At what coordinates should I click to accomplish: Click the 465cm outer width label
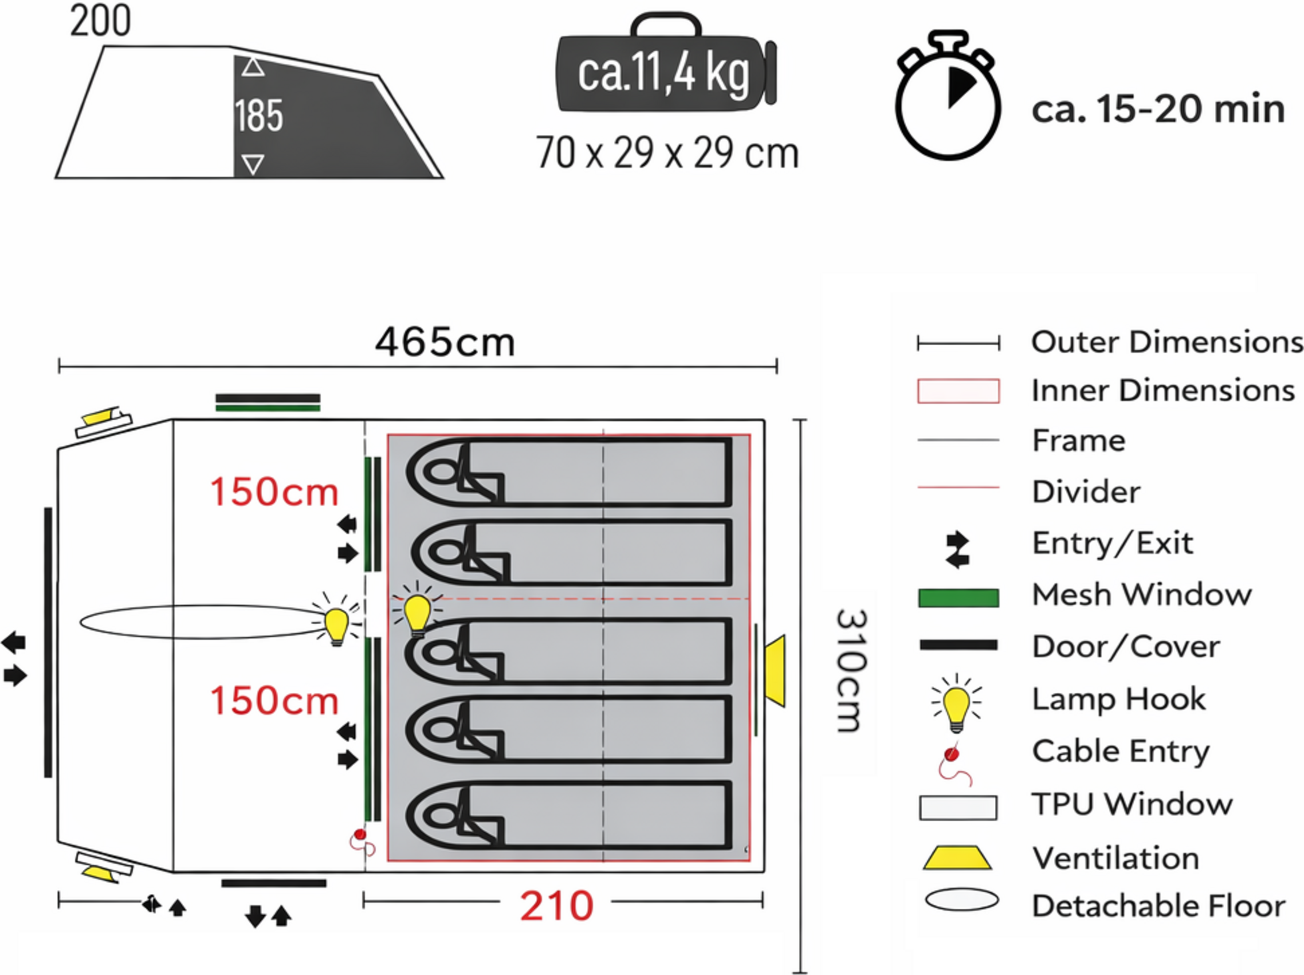pyautogui.click(x=445, y=342)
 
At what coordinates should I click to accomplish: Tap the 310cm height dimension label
pyautogui.click(x=852, y=670)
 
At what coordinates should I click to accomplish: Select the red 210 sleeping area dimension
pyautogui.click(x=556, y=906)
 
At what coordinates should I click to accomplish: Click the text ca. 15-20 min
pyautogui.click(x=1158, y=109)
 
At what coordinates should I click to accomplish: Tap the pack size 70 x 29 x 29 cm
pyautogui.click(x=667, y=152)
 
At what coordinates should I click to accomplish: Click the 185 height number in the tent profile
pyautogui.click(x=259, y=116)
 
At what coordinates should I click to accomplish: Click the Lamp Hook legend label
pyautogui.click(x=1118, y=699)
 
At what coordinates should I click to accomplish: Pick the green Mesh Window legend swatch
pyautogui.click(x=958, y=597)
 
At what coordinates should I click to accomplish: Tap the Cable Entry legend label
pyautogui.click(x=1121, y=751)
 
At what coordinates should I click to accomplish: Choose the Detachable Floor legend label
pyautogui.click(x=1158, y=906)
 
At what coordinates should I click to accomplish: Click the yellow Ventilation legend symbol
pyautogui.click(x=957, y=857)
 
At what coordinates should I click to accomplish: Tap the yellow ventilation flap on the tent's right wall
pyautogui.click(x=776, y=670)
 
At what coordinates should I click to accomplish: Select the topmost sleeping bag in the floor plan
pyautogui.click(x=568, y=471)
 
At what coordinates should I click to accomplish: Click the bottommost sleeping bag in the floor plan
pyautogui.click(x=568, y=816)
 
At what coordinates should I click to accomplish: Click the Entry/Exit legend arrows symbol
pyautogui.click(x=958, y=550)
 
